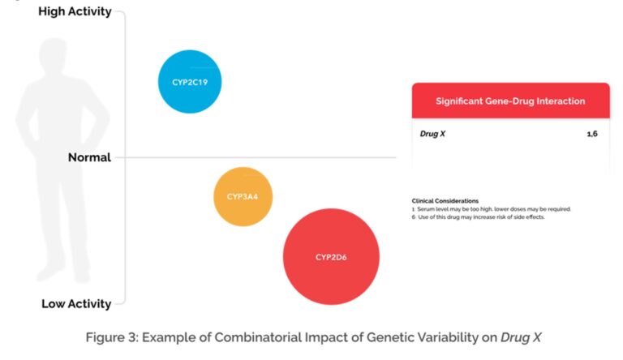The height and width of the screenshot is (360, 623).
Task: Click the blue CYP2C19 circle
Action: click(189, 82)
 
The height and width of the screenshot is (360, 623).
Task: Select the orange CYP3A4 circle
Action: click(243, 196)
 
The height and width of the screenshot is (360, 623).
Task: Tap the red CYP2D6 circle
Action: click(331, 257)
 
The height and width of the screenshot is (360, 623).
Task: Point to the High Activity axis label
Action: click(75, 12)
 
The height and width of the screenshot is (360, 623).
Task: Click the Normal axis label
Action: click(89, 157)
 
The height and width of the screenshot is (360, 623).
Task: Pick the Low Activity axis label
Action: click(76, 304)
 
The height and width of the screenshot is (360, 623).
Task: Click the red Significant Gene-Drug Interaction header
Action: click(510, 101)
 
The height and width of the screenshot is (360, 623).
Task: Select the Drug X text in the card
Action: click(432, 133)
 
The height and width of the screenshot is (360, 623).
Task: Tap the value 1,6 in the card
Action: click(592, 133)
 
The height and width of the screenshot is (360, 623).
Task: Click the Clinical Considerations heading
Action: click(445, 200)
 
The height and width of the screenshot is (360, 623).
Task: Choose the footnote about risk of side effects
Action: click(479, 216)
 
